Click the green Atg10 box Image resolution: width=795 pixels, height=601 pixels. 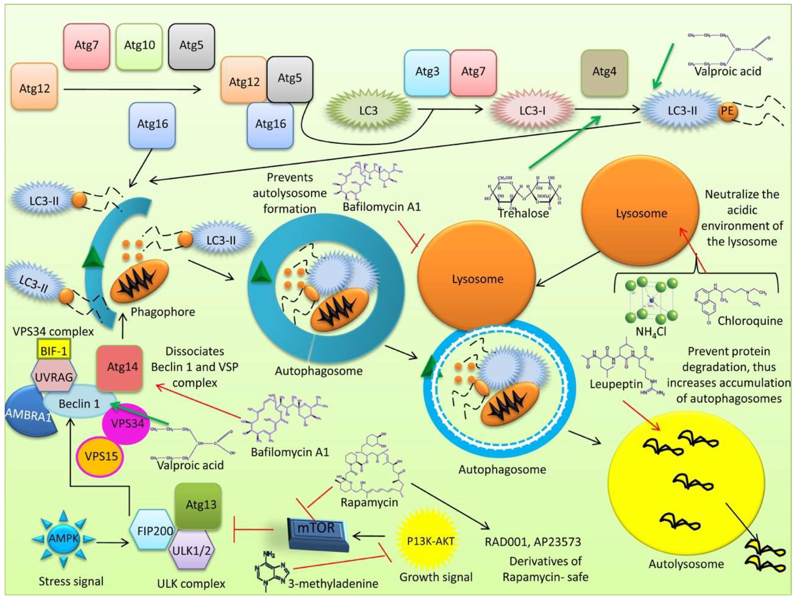[x=139, y=46]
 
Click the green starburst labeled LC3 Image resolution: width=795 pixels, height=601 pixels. [x=368, y=110]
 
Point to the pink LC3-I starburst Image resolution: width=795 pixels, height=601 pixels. [x=532, y=110]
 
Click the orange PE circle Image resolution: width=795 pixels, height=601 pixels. [x=727, y=111]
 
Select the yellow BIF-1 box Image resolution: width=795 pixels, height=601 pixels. [x=54, y=351]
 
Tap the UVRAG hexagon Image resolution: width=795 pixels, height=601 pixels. [x=54, y=377]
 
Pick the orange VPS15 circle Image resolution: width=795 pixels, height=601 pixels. [x=101, y=456]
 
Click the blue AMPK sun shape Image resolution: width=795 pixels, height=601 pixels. [x=64, y=538]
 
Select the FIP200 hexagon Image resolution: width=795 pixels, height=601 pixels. [x=155, y=530]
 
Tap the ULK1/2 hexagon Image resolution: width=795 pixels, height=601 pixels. [x=191, y=550]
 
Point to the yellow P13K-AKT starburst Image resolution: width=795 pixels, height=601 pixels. [x=430, y=541]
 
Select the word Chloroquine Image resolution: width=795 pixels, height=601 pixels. [x=750, y=321]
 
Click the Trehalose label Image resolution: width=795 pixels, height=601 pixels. [x=523, y=213]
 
